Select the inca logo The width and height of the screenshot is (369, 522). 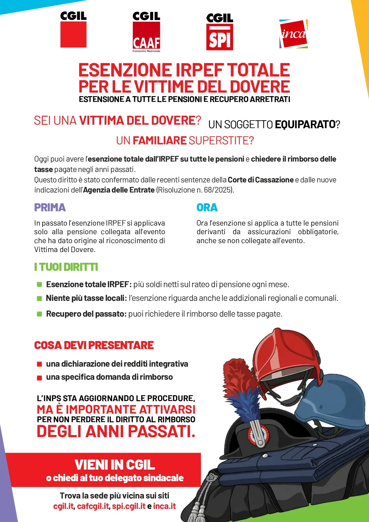(x=293, y=34)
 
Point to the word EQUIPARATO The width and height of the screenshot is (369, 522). (x=305, y=124)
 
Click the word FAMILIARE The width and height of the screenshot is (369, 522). (x=159, y=140)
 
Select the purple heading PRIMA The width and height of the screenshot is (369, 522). (x=50, y=207)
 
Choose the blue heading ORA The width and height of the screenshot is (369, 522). (x=207, y=207)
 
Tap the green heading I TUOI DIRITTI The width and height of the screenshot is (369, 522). (x=66, y=267)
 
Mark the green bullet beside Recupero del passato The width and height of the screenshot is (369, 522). (x=39, y=314)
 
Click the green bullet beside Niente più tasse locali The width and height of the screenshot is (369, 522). (x=39, y=298)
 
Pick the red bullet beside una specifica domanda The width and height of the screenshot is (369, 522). (x=39, y=378)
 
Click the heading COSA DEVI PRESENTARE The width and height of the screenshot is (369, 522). (x=94, y=345)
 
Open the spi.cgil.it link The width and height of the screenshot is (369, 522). (x=129, y=506)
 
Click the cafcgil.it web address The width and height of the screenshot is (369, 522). (x=93, y=506)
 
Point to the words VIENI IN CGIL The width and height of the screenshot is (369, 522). (x=115, y=465)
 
